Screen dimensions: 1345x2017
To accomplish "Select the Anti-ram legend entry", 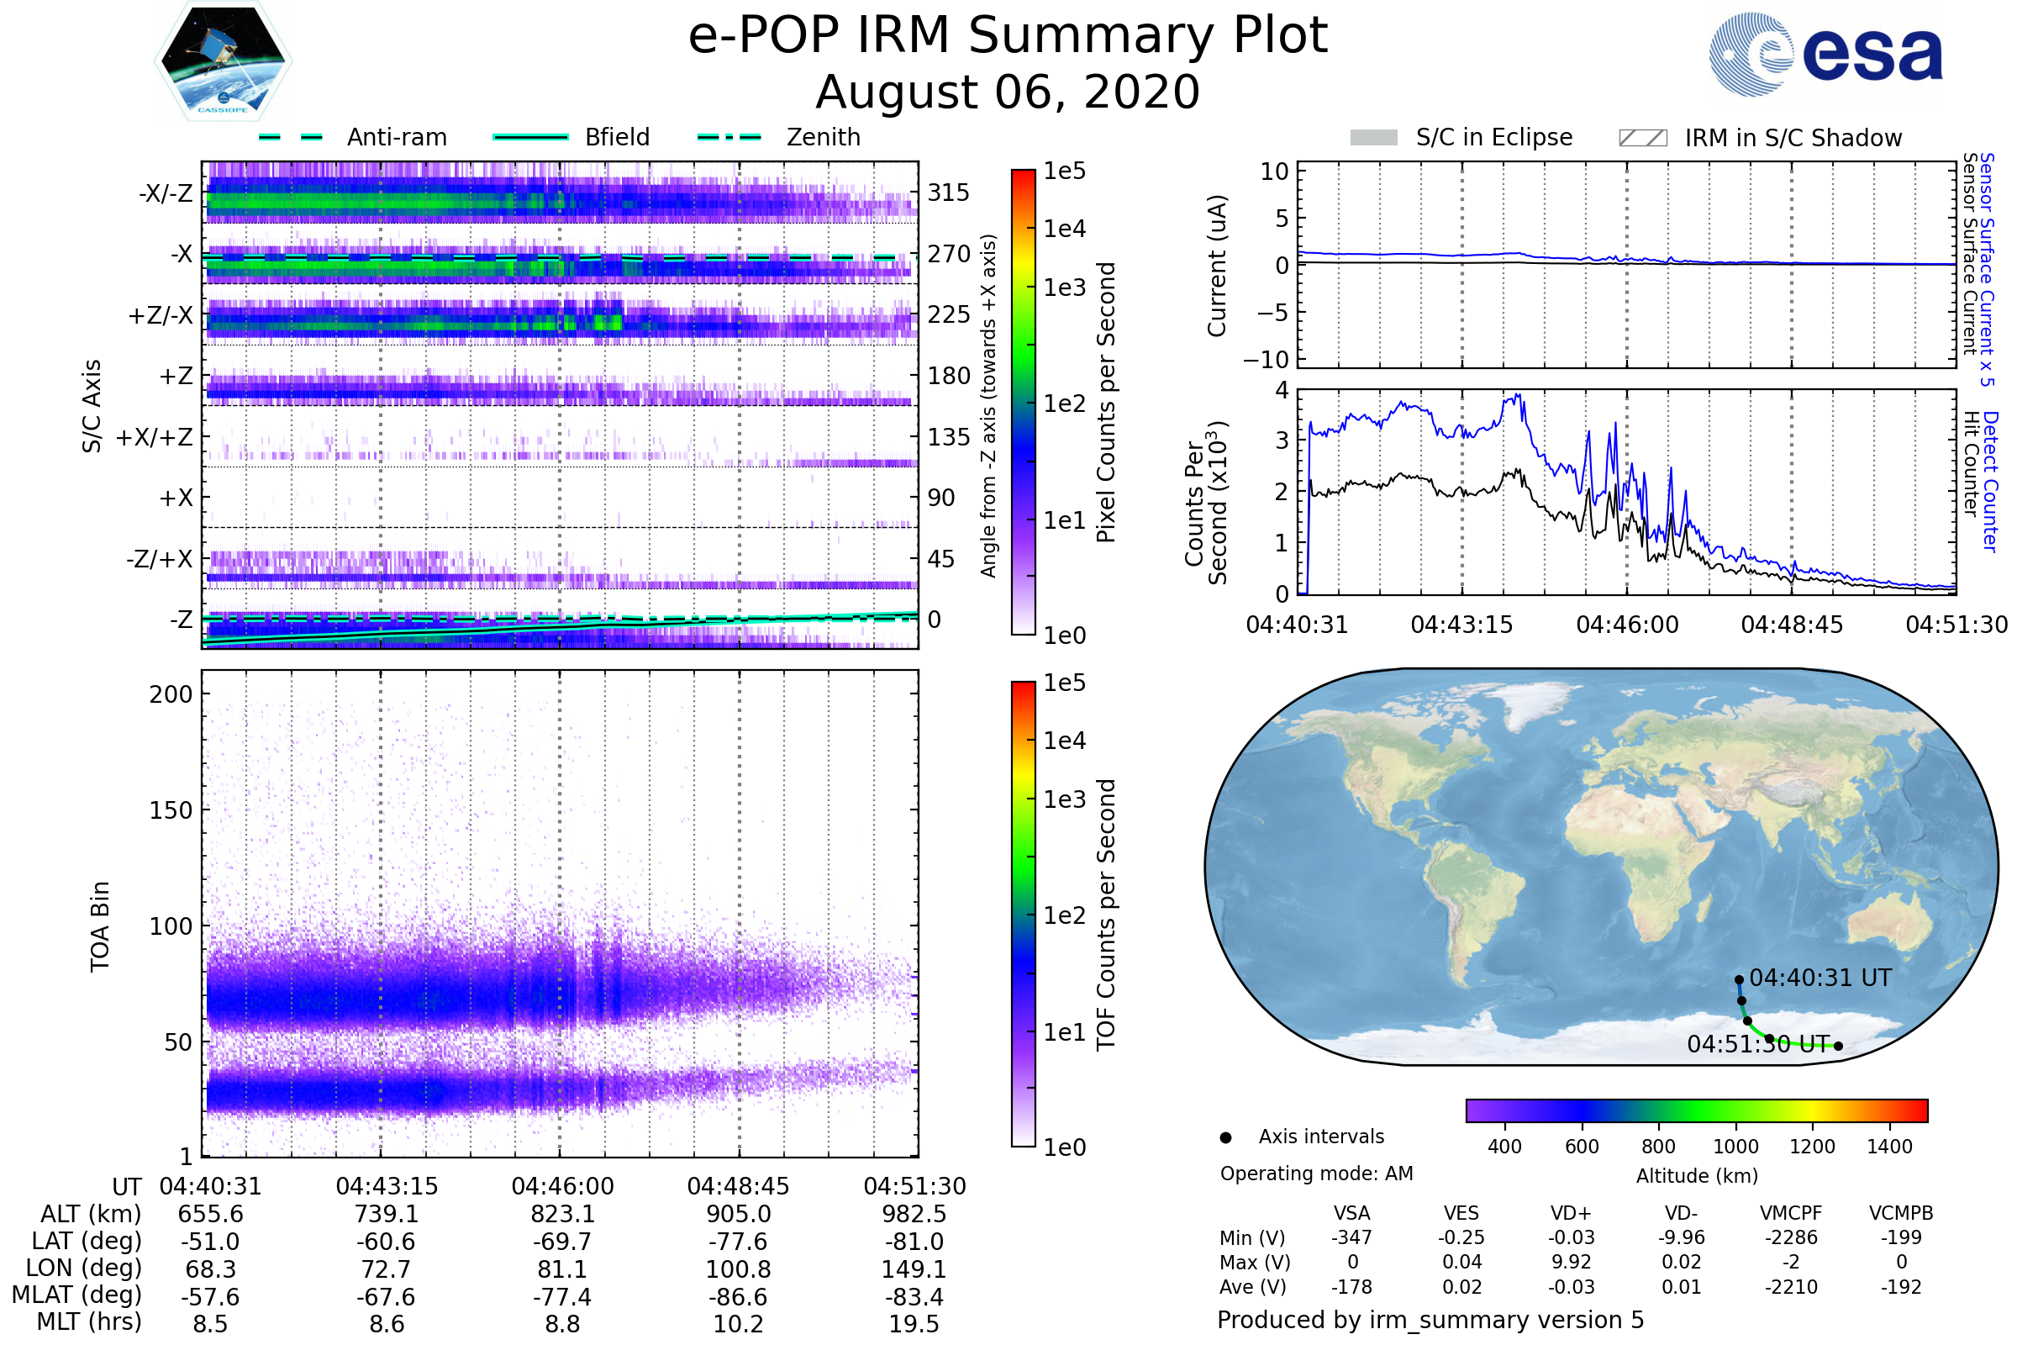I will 396,137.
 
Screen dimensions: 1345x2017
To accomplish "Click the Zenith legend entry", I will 823,137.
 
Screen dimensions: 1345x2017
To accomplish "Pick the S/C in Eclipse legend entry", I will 1493,138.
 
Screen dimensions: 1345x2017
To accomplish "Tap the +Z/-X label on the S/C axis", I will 161,316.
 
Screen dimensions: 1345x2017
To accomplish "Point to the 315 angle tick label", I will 948,193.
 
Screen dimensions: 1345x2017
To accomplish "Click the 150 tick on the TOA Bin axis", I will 171,810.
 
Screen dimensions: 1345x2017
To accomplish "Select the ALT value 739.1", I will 387,1215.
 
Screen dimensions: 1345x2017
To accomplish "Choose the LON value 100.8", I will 738,1269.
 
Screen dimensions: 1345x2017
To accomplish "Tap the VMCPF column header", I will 1791,1214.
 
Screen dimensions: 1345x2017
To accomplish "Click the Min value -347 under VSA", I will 1351,1237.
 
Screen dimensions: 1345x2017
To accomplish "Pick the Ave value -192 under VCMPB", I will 1900,1288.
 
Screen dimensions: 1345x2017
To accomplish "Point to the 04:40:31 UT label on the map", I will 1820,978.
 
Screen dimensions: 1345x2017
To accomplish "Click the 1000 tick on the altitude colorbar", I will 1735,1147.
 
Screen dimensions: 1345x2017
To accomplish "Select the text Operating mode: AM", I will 1316,1174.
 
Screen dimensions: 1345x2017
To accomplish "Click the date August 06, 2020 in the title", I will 1008,92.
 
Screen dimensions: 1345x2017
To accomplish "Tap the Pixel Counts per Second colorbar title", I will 1106,403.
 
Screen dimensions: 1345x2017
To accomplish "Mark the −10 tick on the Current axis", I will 1267,360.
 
